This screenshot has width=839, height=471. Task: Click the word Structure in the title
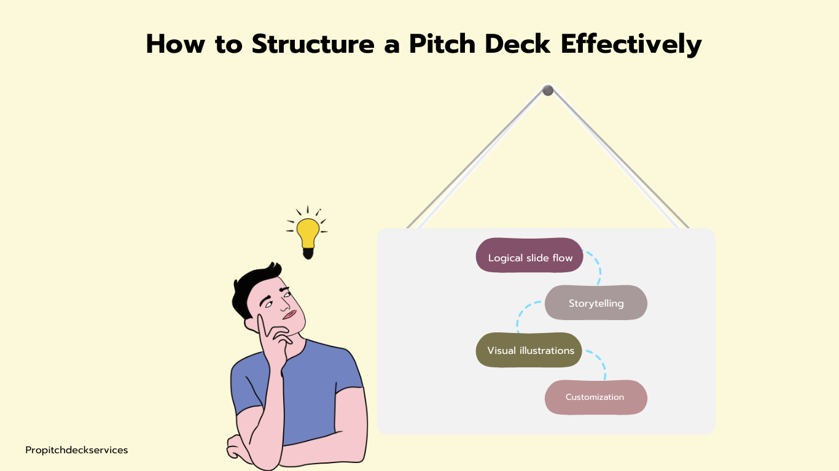click(313, 44)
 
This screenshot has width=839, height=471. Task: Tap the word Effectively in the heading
click(631, 45)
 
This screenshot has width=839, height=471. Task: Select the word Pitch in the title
click(442, 44)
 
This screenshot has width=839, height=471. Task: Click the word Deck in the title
click(517, 44)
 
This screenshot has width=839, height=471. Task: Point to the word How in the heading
click(176, 44)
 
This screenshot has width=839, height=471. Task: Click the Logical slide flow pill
click(529, 255)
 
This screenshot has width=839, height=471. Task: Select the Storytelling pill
click(596, 302)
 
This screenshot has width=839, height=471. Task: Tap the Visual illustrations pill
click(528, 350)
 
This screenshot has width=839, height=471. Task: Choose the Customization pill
click(596, 397)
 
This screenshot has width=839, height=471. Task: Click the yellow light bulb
click(308, 232)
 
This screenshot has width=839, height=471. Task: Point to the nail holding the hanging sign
click(548, 90)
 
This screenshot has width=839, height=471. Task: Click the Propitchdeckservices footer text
click(76, 450)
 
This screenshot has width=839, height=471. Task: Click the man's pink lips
click(289, 315)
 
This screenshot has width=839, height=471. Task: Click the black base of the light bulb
click(308, 253)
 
